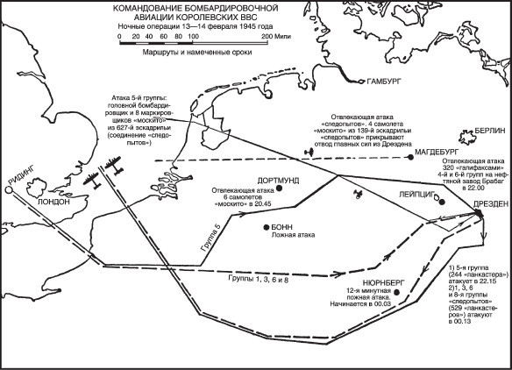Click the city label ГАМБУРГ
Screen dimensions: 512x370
coord(383,82)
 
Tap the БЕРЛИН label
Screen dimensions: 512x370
coord(490,131)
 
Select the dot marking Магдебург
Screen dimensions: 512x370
coord(411,158)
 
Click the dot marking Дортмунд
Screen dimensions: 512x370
coord(279,189)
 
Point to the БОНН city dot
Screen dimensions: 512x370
coord(267,227)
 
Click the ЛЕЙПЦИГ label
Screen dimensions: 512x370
coord(416,195)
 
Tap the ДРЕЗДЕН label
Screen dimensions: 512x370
coord(491,203)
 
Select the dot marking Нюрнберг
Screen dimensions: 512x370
coord(397,292)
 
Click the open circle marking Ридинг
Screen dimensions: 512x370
coord(9,190)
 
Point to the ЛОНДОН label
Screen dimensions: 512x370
coord(53,202)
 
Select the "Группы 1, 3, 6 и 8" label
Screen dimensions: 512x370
coord(258,280)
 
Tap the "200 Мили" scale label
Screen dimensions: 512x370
coord(276,37)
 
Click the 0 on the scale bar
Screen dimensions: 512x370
coord(119,37)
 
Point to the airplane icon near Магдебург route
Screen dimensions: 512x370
coord(309,153)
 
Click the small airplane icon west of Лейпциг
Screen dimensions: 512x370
coord(359,194)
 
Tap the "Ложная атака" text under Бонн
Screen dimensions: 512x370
coord(293,235)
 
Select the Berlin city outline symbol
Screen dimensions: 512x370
coord(466,137)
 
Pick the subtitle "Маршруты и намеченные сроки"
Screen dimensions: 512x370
coord(197,53)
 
